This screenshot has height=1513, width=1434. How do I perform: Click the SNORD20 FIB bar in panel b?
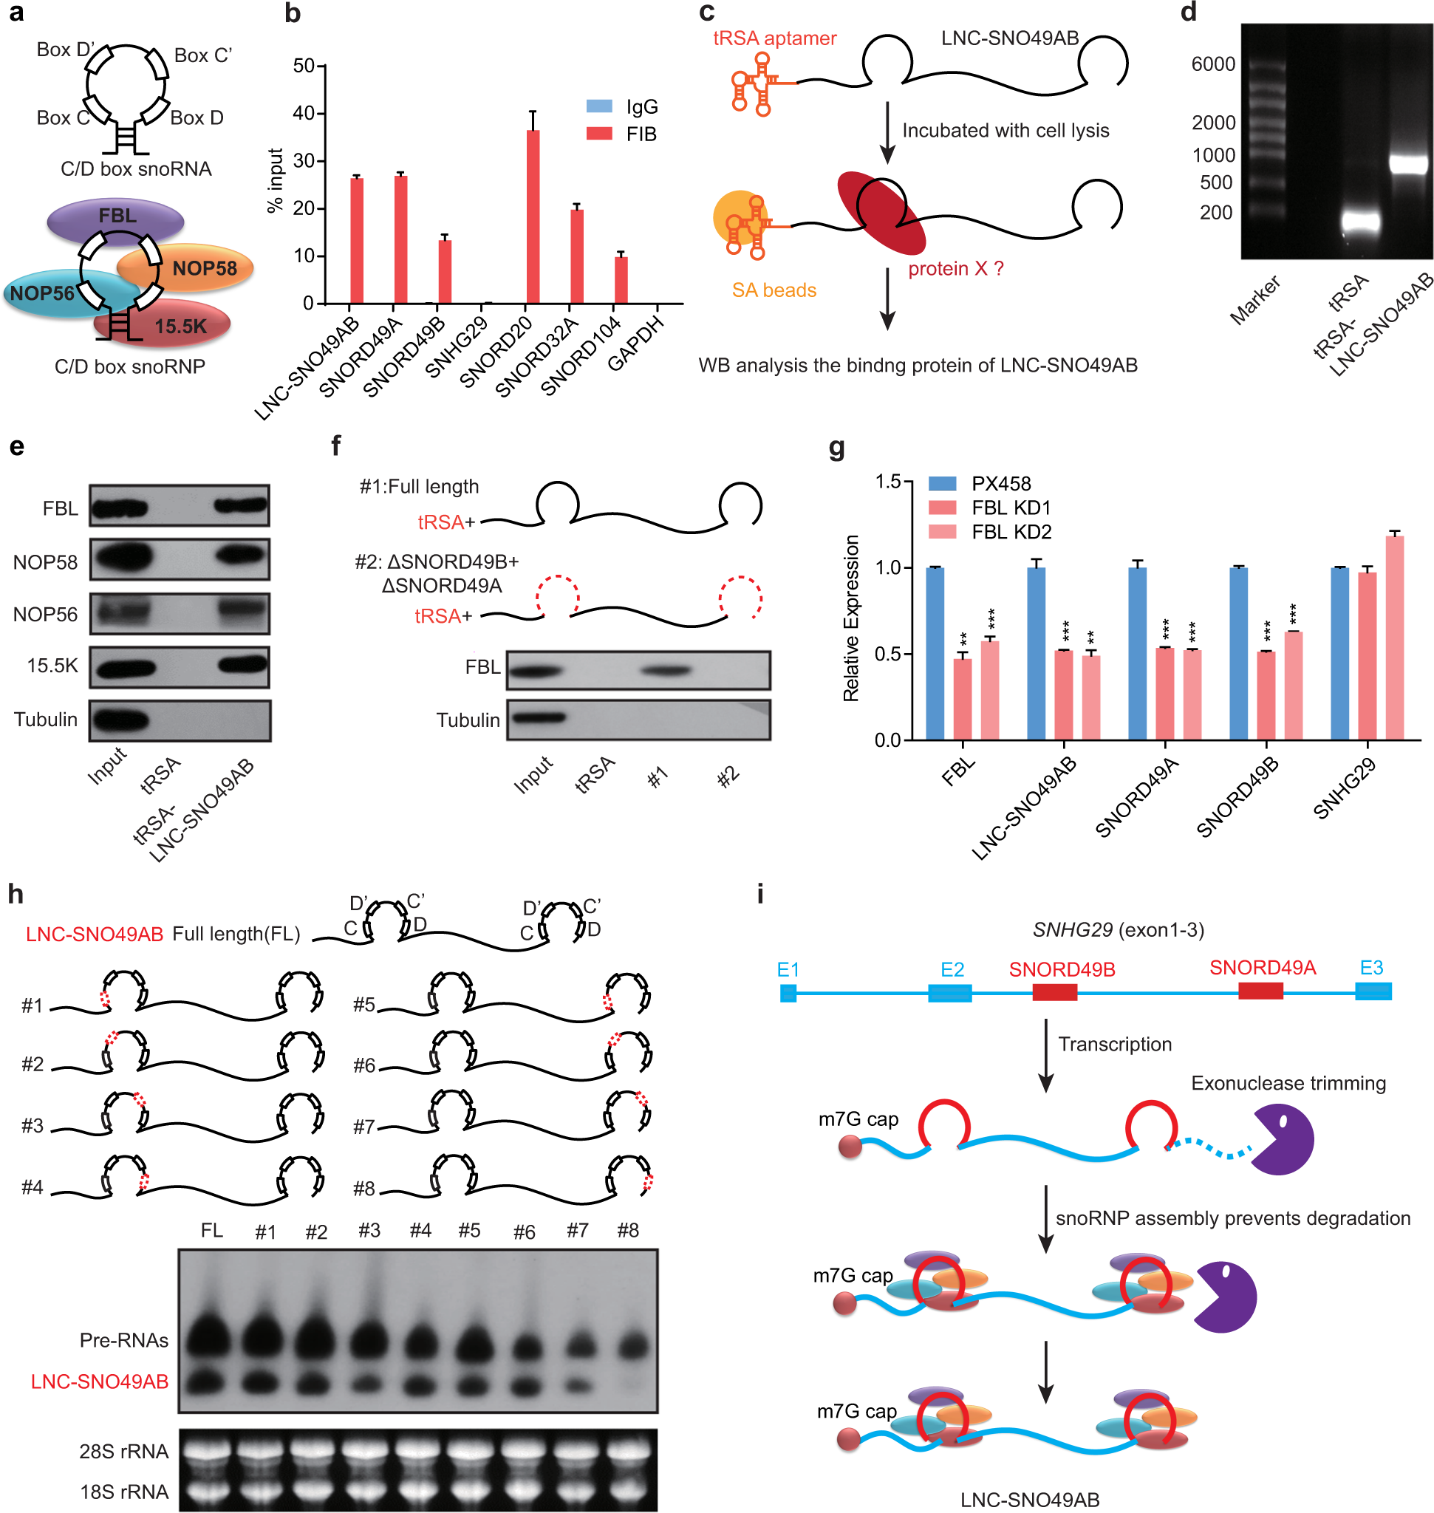click(533, 216)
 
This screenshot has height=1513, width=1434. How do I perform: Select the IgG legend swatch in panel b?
click(599, 106)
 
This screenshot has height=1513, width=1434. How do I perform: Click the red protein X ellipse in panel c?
click(881, 213)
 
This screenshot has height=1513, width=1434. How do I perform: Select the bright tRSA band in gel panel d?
click(1362, 222)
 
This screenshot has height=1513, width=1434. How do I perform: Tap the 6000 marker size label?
click(1213, 64)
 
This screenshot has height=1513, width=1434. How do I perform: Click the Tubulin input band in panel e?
click(120, 720)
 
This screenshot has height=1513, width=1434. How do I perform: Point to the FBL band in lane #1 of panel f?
click(666, 671)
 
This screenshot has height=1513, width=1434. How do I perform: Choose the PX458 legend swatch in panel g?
click(942, 483)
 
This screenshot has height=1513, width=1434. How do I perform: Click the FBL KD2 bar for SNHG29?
click(1394, 637)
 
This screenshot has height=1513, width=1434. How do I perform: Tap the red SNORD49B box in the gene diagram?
click(1054, 991)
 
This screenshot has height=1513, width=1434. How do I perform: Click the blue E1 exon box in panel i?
click(788, 992)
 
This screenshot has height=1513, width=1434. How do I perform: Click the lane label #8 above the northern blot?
click(627, 1230)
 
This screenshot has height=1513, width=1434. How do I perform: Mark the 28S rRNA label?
click(124, 1451)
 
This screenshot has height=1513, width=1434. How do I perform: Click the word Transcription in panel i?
click(1115, 1044)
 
